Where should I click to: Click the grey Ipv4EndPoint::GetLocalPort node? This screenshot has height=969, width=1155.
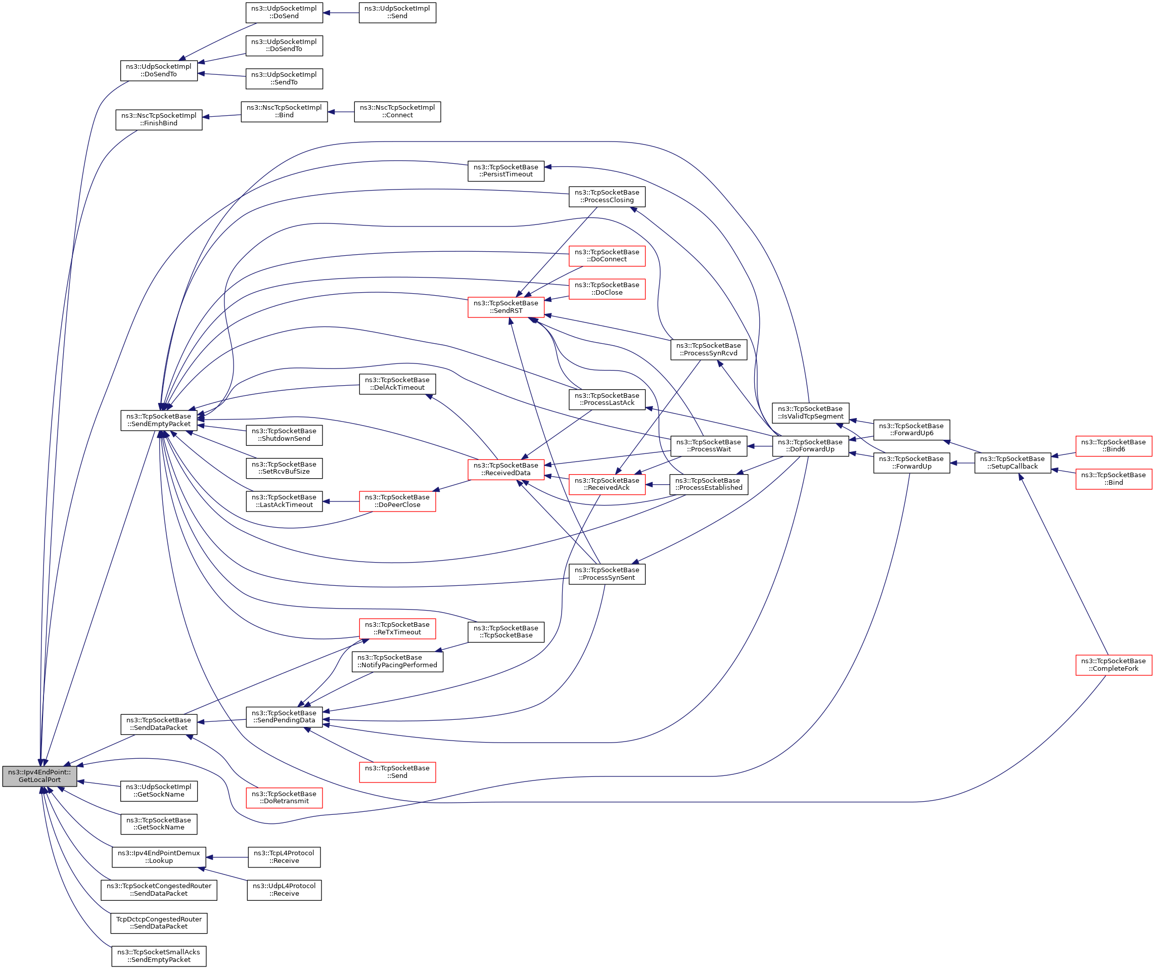(39, 776)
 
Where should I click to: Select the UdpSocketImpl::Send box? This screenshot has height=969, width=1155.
(397, 13)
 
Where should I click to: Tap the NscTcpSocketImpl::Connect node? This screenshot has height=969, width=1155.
(397, 112)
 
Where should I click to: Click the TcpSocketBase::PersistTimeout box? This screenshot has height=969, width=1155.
(505, 171)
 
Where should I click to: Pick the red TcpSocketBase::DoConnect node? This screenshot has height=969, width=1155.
(607, 256)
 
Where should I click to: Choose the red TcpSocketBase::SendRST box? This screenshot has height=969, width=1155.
(505, 307)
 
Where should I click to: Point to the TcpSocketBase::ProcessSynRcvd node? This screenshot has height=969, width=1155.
(708, 350)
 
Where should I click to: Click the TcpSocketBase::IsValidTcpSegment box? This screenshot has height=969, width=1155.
(810, 413)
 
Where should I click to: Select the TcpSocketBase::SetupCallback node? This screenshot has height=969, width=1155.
(1012, 463)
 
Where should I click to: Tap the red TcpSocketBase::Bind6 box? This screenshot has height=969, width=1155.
(1113, 446)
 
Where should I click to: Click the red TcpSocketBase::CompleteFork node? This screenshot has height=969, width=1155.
(1113, 665)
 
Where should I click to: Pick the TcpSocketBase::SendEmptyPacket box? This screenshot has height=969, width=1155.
(158, 421)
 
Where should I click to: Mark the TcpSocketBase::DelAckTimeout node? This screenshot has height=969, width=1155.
(397, 384)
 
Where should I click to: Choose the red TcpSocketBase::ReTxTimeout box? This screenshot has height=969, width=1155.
(397, 629)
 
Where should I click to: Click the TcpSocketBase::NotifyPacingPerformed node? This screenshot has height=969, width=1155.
(397, 662)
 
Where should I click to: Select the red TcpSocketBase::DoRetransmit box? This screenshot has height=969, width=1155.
(284, 798)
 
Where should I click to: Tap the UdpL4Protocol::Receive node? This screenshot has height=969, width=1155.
(284, 890)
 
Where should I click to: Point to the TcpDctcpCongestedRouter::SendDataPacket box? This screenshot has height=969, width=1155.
(158, 923)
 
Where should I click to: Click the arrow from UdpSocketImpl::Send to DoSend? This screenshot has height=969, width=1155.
(341, 13)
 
